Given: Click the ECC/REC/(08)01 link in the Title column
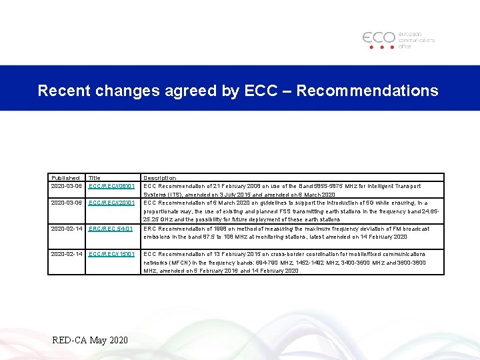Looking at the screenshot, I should point(111,186).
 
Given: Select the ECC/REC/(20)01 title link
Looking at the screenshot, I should point(111,203).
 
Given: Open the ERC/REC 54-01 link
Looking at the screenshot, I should point(110,229).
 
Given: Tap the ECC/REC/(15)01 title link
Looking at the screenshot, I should point(111,254).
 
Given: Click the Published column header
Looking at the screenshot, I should point(65,178).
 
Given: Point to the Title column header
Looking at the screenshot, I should point(95,178).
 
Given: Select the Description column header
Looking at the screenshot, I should point(160,178).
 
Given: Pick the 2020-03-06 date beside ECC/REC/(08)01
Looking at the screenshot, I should point(66,186).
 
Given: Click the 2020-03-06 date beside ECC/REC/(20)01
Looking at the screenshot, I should point(66,203).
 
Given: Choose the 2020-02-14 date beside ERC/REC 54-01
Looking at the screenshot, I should point(66,229).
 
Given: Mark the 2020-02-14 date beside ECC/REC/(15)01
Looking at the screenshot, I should point(66,254).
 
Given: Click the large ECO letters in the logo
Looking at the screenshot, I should point(379,37).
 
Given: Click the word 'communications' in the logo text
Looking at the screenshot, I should point(417,40).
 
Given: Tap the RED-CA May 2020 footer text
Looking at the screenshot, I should point(89,341).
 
